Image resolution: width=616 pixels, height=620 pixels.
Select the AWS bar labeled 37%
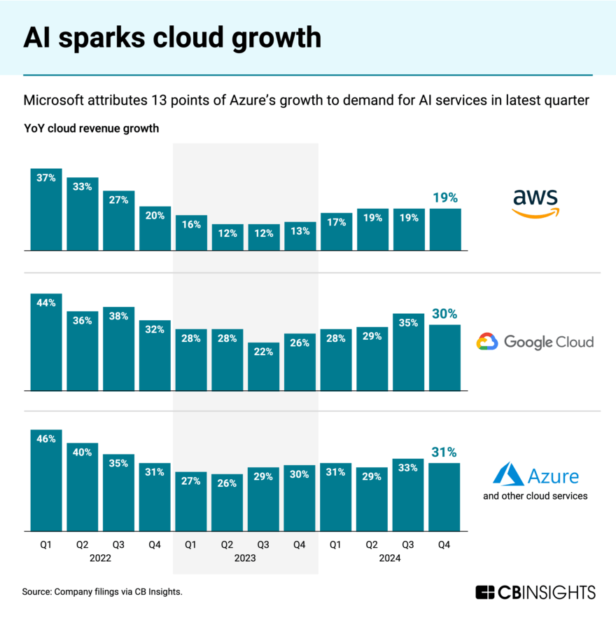tap(46, 209)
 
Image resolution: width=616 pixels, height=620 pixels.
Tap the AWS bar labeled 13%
tap(300, 236)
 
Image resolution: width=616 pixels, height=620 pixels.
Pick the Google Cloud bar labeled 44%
tap(46, 342)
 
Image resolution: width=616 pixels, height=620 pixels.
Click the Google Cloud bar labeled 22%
tap(263, 366)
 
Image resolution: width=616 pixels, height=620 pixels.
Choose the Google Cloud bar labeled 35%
tap(409, 352)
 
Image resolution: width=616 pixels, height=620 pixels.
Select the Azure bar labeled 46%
tap(46, 480)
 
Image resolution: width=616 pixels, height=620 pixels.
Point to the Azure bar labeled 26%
tap(227, 502)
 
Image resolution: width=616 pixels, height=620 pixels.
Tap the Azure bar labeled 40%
tap(83, 487)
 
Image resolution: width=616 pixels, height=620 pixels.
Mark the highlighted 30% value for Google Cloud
tap(444, 313)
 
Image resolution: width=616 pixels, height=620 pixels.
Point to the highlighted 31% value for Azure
tap(444, 452)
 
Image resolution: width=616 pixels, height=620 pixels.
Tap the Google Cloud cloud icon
tap(487, 342)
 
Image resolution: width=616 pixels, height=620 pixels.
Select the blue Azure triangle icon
tap(509, 474)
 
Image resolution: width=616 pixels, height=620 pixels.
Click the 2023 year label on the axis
tap(245, 558)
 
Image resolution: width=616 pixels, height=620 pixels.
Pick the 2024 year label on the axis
tap(390, 558)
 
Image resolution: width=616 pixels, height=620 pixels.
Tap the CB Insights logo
tap(535, 592)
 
